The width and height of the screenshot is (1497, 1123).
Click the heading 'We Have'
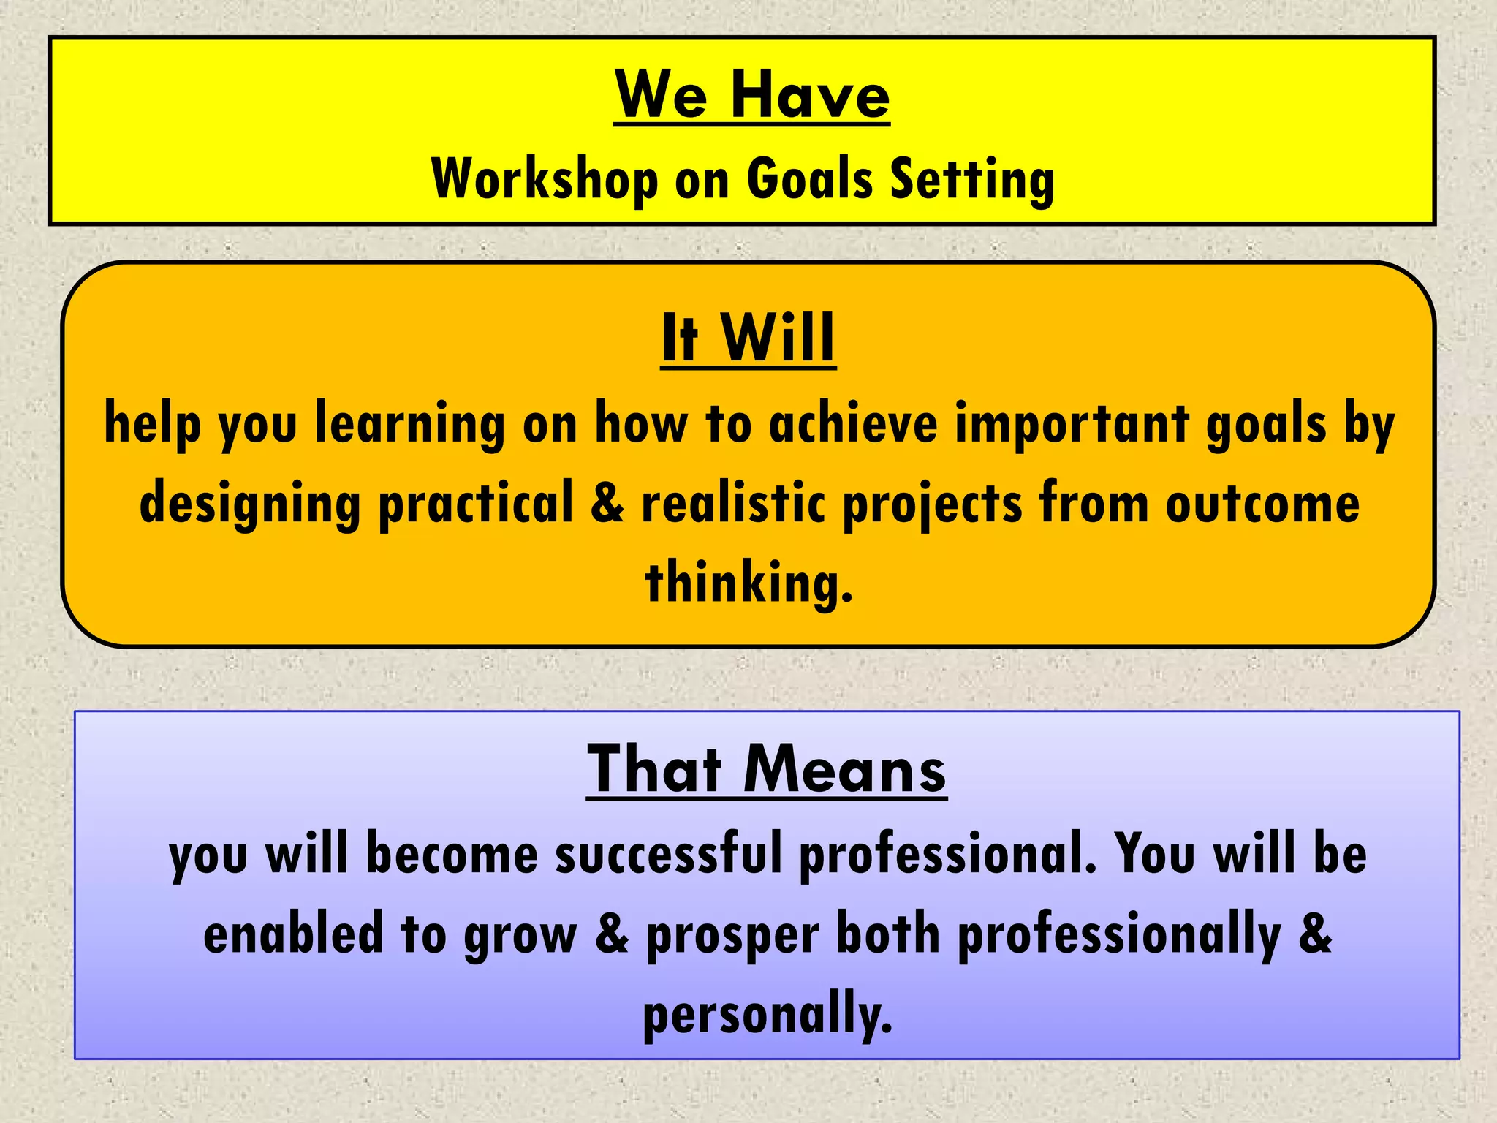pos(751,95)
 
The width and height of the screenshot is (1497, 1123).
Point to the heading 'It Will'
pos(748,338)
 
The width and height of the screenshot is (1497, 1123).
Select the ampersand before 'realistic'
pos(607,503)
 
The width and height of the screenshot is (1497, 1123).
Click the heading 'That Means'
pos(766,769)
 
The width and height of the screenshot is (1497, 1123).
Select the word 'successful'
pos(668,854)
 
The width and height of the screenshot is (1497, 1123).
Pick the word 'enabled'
pos(293,934)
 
